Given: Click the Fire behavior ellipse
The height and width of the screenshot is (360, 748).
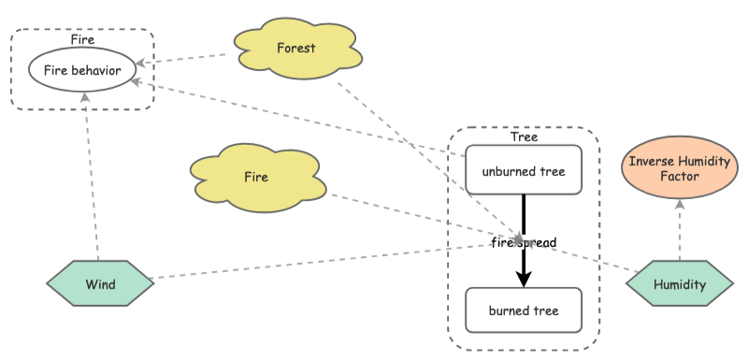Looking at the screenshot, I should [82, 69].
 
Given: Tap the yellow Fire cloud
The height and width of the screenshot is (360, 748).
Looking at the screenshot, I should [256, 177].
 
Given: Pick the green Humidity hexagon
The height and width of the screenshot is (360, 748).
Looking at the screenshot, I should [679, 284].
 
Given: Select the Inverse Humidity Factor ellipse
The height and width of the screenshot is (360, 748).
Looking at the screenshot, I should [679, 169].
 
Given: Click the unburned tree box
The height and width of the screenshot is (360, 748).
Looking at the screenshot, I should [524, 171].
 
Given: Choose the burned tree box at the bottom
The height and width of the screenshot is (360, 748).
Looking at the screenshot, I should [524, 311].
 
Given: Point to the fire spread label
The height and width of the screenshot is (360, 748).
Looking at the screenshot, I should [524, 243].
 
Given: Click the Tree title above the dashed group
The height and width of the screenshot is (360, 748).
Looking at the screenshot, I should [524, 137].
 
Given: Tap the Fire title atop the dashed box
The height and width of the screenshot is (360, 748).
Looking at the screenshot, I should [82, 39].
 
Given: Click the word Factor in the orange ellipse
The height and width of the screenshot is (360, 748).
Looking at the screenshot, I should [679, 177].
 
